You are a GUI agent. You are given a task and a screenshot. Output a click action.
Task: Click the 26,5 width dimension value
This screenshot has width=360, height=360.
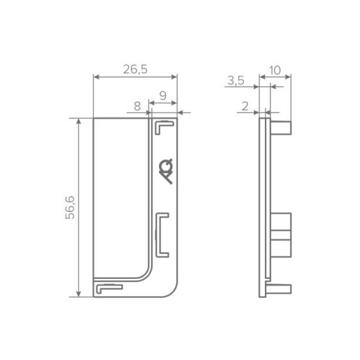pyautogui.click(x=135, y=70)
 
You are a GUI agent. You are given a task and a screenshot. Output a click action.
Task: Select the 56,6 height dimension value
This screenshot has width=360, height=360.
pyautogui.click(x=70, y=207)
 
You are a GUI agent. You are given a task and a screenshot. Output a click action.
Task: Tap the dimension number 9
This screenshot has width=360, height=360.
pyautogui.click(x=163, y=96)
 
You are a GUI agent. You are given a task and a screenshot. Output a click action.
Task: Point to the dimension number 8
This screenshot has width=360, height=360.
pyautogui.click(x=137, y=107)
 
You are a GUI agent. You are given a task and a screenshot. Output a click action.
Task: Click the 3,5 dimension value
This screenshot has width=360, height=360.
pyautogui.click(x=236, y=81)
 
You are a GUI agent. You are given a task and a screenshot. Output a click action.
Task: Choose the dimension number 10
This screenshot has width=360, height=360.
pyautogui.click(x=275, y=70)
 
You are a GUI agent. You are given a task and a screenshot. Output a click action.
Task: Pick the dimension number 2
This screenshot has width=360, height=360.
pyautogui.click(x=245, y=107)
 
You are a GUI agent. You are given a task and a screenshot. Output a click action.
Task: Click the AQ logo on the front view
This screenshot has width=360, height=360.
pyautogui.click(x=166, y=171)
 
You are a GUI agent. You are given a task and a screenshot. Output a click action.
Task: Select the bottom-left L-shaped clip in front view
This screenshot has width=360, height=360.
pyautogui.click(x=109, y=287)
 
